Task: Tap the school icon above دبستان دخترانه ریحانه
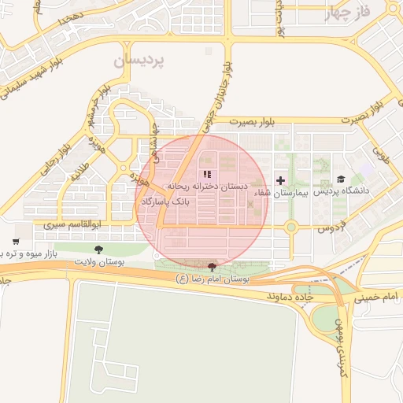(x=207, y=174)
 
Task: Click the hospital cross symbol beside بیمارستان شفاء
(x=280, y=180)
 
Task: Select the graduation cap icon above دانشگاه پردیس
(x=341, y=179)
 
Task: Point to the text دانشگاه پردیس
(x=342, y=191)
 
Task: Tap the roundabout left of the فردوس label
(x=290, y=227)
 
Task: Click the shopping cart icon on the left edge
(x=16, y=242)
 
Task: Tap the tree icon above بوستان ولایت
(x=98, y=249)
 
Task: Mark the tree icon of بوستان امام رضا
(x=210, y=268)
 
